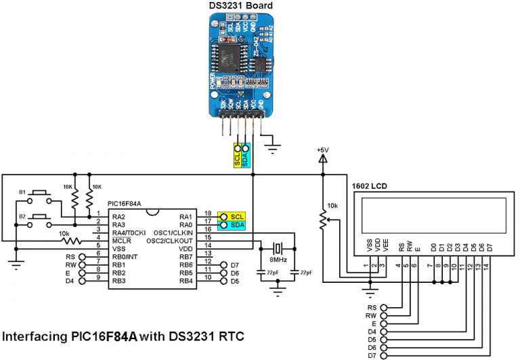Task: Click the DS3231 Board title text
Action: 240,6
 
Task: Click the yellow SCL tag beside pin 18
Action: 236,215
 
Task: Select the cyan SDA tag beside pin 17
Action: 236,224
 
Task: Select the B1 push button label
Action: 22,193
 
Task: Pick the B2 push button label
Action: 22,217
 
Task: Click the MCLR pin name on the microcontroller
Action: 122,240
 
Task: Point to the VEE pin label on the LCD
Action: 385,246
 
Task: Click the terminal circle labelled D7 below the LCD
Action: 384,355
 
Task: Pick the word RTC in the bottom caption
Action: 230,336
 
